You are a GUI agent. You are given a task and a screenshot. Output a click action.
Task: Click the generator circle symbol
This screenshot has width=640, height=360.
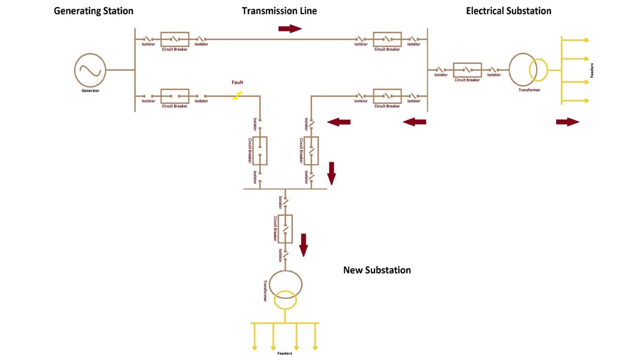click(x=90, y=70)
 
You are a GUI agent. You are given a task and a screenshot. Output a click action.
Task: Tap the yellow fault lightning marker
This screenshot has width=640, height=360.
click(x=237, y=96)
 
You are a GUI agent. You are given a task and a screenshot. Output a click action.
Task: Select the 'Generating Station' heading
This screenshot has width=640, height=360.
click(x=93, y=11)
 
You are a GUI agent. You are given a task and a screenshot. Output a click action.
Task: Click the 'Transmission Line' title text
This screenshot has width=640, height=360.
click(x=279, y=11)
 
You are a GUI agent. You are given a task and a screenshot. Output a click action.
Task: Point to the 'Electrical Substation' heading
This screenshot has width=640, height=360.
click(x=508, y=11)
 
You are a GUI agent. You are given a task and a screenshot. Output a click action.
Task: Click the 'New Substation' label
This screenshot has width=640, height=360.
click(x=377, y=270)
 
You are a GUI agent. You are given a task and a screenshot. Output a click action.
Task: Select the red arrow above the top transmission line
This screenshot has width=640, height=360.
click(x=290, y=28)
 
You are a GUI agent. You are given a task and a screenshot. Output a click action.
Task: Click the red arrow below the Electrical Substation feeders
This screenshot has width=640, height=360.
click(x=567, y=122)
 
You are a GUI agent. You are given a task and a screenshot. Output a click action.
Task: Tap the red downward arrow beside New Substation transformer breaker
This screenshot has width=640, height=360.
click(x=303, y=245)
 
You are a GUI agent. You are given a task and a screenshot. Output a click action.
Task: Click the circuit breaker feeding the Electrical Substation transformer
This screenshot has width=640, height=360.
click(x=467, y=70)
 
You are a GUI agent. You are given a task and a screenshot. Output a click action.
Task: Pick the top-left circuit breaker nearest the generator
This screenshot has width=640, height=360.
click(x=175, y=39)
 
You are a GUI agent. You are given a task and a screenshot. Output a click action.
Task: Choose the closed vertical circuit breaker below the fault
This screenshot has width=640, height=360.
click(x=260, y=150)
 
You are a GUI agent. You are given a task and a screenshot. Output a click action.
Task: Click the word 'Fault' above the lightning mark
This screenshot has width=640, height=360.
click(x=237, y=82)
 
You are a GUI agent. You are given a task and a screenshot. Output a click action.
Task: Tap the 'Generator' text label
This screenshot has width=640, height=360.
click(x=90, y=91)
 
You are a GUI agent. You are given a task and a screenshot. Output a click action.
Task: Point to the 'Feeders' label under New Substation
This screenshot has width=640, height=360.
click(x=285, y=353)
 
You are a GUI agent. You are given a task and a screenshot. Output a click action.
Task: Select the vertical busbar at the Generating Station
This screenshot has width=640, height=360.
click(x=135, y=70)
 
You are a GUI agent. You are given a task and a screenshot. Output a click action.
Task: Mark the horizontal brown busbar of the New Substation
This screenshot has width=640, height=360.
click(x=285, y=189)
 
